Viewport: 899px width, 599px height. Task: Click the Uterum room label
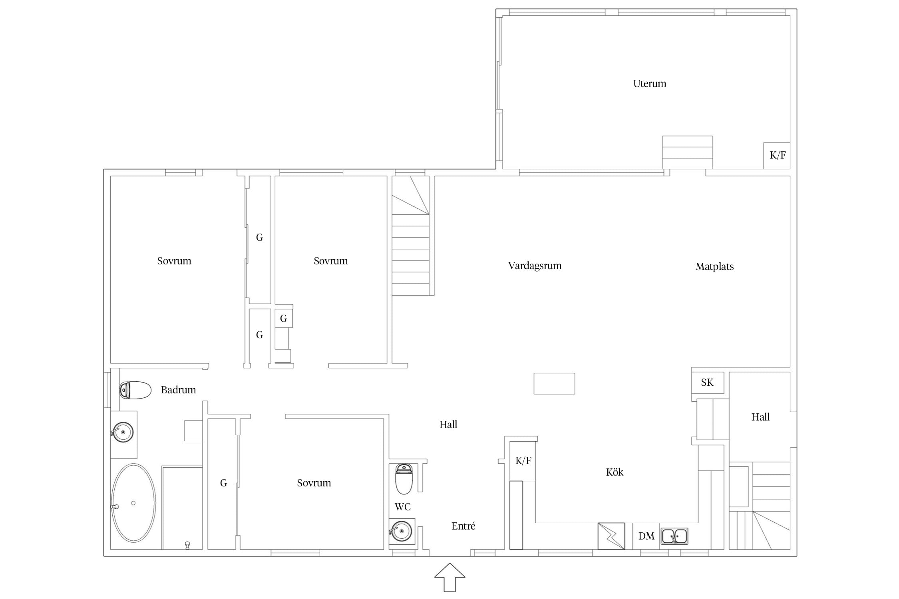[650, 83]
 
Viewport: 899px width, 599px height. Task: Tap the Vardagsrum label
[535, 266]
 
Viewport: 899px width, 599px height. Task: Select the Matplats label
[714, 266]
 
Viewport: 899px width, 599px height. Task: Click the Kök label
[615, 472]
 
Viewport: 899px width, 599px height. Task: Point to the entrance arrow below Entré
[450, 577]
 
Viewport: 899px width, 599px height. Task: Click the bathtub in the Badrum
[133, 503]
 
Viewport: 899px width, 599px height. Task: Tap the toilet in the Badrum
[135, 390]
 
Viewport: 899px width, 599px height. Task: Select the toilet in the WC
[404, 479]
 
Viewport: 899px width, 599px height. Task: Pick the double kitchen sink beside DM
[674, 536]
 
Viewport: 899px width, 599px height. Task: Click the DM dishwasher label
[646, 536]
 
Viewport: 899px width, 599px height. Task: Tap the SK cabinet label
[707, 382]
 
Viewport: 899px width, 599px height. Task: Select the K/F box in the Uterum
[777, 155]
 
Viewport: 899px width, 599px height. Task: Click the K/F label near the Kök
[523, 461]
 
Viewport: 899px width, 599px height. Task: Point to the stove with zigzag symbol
[611, 536]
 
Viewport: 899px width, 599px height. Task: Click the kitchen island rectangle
[554, 383]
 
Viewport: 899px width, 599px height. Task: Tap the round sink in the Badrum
[123, 432]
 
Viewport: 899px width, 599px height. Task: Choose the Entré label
[463, 526]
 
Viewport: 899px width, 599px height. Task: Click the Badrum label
[178, 390]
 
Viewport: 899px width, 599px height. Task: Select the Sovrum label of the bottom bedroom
[314, 483]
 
